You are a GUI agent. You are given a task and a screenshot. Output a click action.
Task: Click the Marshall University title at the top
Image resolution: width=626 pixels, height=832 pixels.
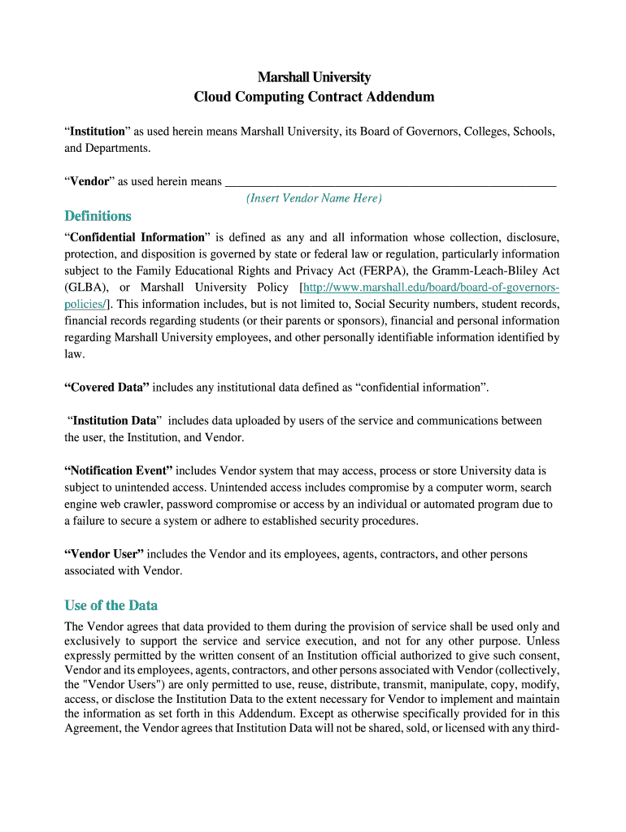pyautogui.click(x=314, y=77)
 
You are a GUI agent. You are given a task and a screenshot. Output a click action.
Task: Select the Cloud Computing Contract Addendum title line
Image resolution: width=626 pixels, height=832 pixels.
pyautogui.click(x=314, y=97)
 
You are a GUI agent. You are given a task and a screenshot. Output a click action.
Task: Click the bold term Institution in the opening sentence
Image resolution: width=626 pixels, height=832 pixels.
pyautogui.click(x=98, y=131)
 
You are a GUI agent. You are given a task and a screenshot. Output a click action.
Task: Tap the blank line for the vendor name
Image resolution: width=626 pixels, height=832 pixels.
pyautogui.click(x=390, y=182)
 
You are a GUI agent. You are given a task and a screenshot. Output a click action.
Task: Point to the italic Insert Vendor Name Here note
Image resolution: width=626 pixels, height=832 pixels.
pyautogui.click(x=314, y=198)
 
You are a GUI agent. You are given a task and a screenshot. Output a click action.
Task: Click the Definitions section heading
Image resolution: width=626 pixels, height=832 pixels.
pyautogui.click(x=98, y=216)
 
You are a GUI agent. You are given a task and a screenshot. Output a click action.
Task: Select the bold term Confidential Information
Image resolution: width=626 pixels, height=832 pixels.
pyautogui.click(x=137, y=237)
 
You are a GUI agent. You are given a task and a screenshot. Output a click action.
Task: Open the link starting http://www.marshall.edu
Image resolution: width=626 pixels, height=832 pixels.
pyautogui.click(x=431, y=288)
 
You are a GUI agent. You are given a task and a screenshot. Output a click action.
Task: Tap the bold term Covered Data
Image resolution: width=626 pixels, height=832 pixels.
pyautogui.click(x=107, y=388)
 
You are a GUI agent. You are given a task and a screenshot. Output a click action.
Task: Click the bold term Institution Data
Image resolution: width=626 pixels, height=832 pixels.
pyautogui.click(x=113, y=421)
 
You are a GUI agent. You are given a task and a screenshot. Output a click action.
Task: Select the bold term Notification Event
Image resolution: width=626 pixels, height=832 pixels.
pyautogui.click(x=119, y=470)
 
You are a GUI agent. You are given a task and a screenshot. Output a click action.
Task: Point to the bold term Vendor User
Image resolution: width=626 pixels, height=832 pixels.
pyautogui.click(x=104, y=554)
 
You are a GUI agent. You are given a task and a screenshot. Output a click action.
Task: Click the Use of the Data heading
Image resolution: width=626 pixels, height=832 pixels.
pyautogui.click(x=111, y=605)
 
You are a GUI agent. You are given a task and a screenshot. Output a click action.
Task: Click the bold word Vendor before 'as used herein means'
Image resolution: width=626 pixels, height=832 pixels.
pyautogui.click(x=89, y=181)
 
